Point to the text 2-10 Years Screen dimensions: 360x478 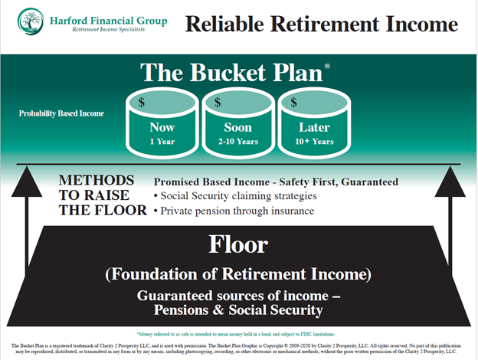point(237,141)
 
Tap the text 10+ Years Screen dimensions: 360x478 point(312,141)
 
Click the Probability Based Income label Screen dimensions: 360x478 point(61,114)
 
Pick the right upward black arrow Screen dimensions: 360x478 point(456,230)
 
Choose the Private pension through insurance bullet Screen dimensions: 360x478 point(237,209)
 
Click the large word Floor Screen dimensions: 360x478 point(239,244)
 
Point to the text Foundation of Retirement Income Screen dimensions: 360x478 point(239,273)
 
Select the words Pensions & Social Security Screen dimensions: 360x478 point(239,310)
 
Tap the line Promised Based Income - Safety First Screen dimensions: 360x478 point(276,182)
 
